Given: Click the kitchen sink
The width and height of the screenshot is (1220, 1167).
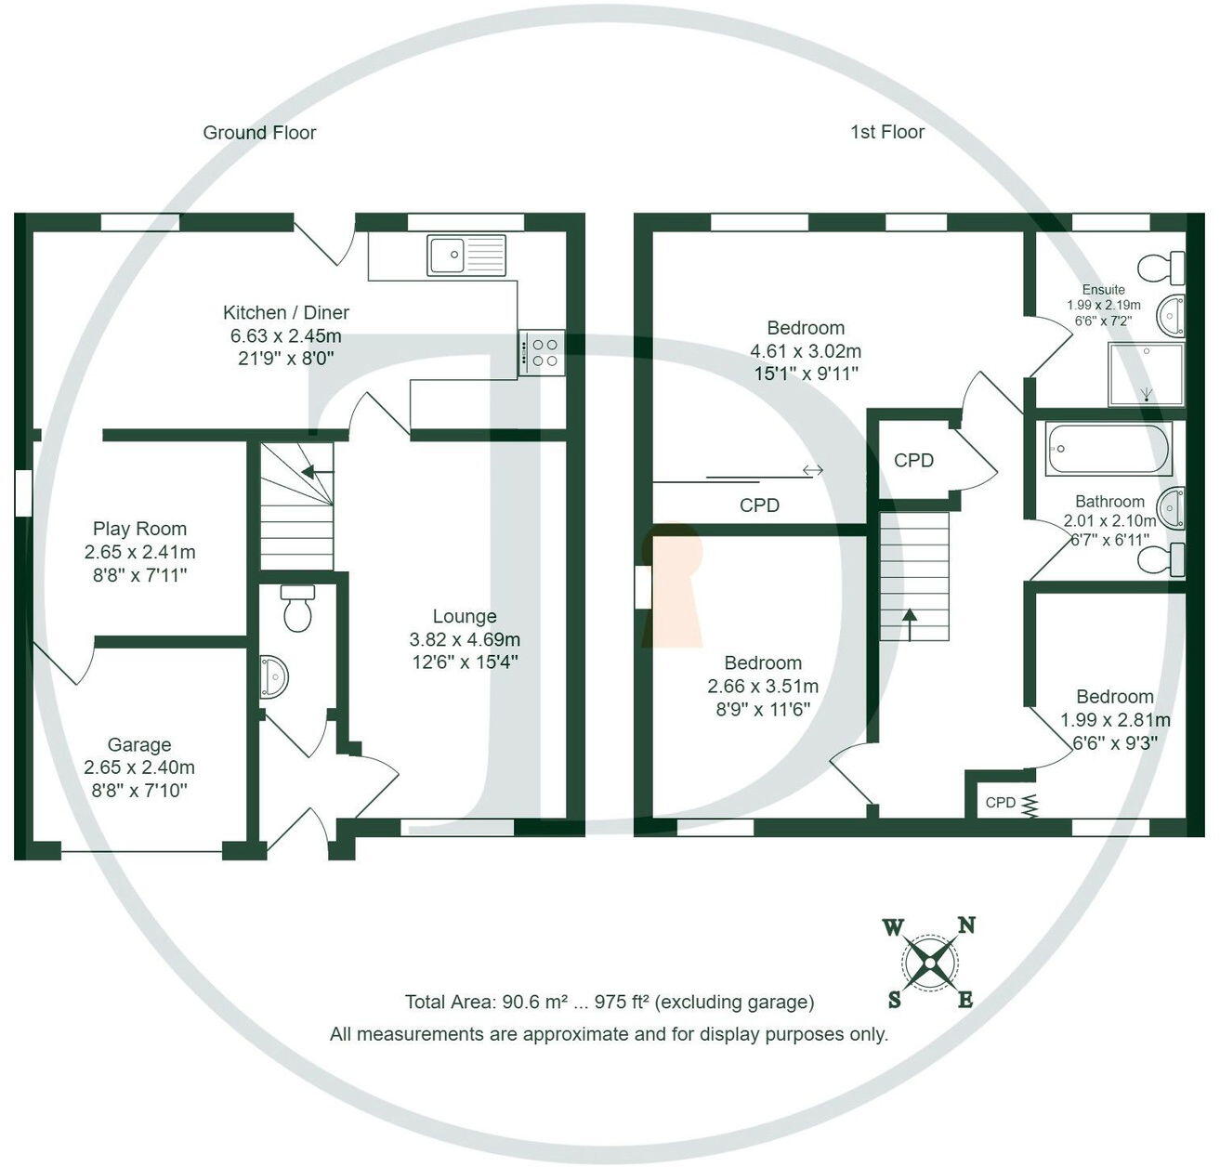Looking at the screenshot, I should [466, 256].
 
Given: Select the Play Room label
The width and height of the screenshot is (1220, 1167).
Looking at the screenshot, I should [139, 529].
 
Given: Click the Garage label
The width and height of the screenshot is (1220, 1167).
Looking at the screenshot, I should [139, 744].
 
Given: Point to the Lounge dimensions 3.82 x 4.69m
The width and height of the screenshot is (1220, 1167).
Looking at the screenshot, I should [465, 639].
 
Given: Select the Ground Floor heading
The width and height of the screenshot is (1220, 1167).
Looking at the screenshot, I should [259, 133].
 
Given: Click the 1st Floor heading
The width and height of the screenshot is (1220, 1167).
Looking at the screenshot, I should [887, 133].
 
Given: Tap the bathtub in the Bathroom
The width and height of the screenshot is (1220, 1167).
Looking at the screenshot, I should [1108, 450].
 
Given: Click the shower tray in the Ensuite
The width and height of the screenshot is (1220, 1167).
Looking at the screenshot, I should [1146, 374].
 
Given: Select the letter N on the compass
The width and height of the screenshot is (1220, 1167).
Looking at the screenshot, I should [966, 925].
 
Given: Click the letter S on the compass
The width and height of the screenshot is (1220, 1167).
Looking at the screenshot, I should [894, 1000].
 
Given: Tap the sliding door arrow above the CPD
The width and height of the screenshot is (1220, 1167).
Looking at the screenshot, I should [812, 471].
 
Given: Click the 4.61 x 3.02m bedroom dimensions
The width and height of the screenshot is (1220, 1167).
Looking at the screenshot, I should [806, 351].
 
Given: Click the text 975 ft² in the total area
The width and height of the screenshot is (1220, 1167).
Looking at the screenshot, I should [624, 1003].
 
